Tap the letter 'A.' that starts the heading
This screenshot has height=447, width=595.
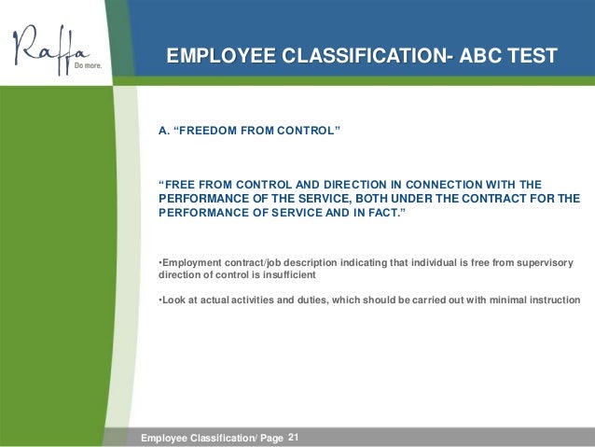[164, 132]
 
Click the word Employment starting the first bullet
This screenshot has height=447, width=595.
[194, 263]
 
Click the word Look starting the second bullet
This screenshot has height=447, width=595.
[173, 300]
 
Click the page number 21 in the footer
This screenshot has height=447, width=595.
[295, 436]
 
